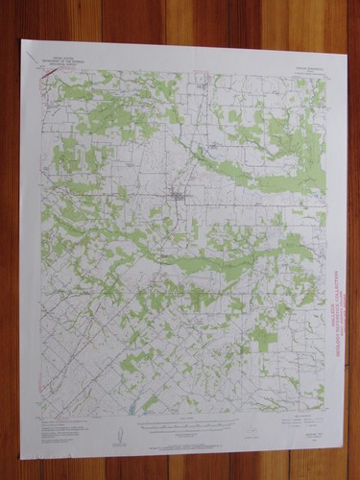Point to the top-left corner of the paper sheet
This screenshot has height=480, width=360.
point(22,40)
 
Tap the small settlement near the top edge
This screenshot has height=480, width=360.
point(201,86)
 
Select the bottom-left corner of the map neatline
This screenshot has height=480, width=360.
point(42,415)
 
